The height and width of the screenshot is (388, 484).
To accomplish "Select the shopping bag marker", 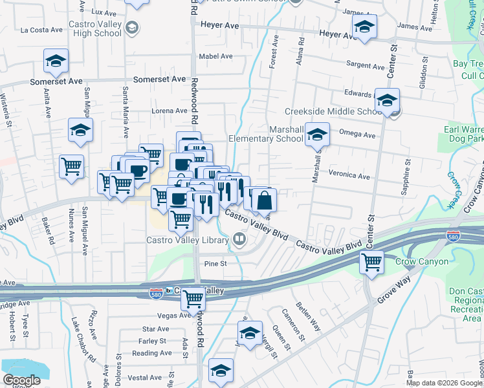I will click(x=265, y=200).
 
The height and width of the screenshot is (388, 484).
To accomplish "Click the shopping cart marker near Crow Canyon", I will click(x=372, y=263).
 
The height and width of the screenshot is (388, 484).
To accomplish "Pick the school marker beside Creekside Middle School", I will click(x=387, y=101).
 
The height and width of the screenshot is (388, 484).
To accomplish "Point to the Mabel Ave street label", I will click(x=216, y=56).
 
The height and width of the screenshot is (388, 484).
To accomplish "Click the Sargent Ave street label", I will click(x=366, y=65).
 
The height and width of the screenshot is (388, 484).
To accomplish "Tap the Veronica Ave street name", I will click(x=349, y=176).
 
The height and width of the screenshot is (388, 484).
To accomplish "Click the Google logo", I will click(x=22, y=381).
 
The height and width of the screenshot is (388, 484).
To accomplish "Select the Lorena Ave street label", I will click(x=169, y=111).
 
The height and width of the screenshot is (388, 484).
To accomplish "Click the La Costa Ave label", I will click(x=41, y=30).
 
